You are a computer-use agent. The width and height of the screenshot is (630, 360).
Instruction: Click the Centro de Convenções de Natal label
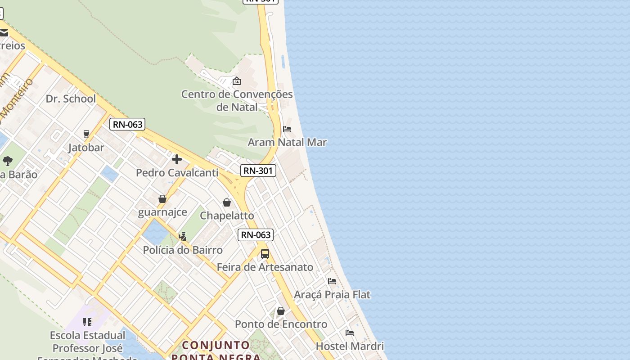237,101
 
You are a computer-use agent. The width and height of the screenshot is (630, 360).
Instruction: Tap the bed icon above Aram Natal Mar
287,129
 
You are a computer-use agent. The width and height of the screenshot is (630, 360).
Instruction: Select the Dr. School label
71,99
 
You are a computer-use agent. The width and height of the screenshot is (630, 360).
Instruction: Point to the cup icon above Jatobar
86,134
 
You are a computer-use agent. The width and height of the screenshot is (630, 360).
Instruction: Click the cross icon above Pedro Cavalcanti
177,159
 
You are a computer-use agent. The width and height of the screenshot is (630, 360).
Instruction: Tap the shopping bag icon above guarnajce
162,199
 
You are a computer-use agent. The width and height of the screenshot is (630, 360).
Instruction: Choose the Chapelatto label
227,216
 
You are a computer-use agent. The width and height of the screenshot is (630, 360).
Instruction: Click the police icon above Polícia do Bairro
183,236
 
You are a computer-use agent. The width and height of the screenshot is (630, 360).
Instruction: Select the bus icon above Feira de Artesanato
265,253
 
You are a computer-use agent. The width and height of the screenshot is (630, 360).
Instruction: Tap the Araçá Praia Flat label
332,295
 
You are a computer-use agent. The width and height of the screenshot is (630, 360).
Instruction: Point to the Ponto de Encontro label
281,324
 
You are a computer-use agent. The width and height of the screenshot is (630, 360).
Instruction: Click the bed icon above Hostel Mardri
350,333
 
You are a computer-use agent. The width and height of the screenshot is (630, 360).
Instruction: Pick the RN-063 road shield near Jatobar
128,124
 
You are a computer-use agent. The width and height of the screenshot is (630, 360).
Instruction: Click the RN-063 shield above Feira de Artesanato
256,234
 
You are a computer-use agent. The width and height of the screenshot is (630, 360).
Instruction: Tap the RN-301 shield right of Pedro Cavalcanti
258,171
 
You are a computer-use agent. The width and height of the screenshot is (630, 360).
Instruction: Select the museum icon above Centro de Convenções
237,81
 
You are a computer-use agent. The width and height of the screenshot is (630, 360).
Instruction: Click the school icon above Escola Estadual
87,322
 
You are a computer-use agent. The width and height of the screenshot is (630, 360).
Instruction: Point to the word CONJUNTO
216,345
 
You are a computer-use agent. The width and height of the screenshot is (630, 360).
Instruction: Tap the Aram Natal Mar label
287,142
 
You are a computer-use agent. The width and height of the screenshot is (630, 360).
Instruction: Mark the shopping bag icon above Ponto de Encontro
281,311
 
